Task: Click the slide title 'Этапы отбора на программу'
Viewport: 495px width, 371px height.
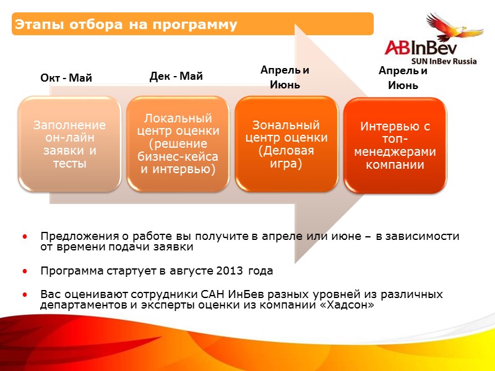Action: point(126,25)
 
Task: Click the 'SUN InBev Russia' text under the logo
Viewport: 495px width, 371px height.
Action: point(444,61)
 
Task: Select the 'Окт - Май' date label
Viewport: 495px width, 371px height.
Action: point(66,79)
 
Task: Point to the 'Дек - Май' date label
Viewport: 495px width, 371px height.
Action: point(176,76)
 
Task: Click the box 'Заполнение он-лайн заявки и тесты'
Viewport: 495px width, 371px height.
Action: point(69,143)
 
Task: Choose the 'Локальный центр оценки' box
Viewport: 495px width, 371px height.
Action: point(178,143)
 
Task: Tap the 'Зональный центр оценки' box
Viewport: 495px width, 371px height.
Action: point(286,143)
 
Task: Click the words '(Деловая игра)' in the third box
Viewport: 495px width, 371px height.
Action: point(280,157)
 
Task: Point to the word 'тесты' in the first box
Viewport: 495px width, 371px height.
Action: point(69,164)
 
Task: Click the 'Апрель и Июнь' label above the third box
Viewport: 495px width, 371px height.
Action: point(285,77)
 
